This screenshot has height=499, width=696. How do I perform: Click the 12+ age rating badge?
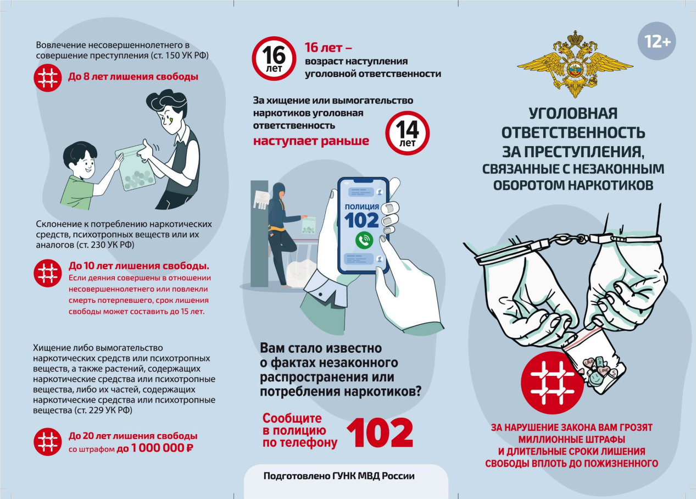pos(656,41)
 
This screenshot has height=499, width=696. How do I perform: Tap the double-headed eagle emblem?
pos(575,64)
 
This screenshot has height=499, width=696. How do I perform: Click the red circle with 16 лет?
pos(274,58)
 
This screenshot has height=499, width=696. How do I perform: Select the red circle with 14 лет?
pos(408,133)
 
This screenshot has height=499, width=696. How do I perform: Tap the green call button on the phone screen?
pos(364,240)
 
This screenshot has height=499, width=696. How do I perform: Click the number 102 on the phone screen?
pos(361,220)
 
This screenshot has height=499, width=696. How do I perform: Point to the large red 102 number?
pos(380,433)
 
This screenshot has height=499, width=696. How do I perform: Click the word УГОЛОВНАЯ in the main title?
pos(573,113)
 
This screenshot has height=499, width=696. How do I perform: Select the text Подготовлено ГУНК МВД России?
pos(339,476)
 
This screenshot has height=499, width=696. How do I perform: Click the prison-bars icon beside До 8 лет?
pos(48,78)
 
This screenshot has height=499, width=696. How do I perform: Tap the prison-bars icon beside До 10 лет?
pos(48,273)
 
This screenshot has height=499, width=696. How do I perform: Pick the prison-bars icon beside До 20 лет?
pos(48,442)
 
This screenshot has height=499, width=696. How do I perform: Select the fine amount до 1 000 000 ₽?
pos(155,448)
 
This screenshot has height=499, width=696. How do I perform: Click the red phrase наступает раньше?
pos(311,141)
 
